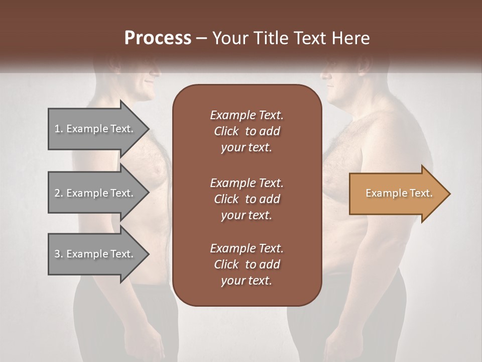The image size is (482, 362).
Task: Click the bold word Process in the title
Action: [158, 38]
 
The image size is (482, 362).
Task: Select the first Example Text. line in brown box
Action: [247, 115]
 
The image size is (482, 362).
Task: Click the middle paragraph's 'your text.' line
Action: [247, 215]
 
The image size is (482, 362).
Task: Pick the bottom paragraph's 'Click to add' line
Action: [247, 264]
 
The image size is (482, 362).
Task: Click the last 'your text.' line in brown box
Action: [247, 281]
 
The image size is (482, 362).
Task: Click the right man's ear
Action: [363, 68]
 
